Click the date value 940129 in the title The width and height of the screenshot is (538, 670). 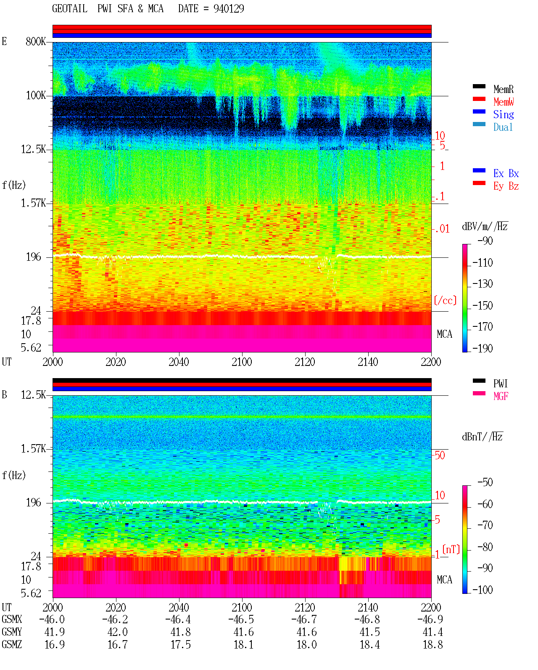click(229, 8)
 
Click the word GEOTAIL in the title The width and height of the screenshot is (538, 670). click(70, 8)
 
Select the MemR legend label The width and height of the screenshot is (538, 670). click(503, 89)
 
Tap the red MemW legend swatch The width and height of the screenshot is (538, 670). click(479, 99)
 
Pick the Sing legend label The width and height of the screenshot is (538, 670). click(503, 114)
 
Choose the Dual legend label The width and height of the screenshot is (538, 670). click(503, 127)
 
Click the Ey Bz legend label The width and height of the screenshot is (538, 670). click(506, 186)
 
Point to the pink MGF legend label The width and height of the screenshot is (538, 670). click(501, 396)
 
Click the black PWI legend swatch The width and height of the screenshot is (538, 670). click(479, 381)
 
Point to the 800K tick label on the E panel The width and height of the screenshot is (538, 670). click(36, 41)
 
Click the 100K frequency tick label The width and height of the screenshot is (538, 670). click(36, 95)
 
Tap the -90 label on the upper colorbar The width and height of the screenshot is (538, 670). click(485, 241)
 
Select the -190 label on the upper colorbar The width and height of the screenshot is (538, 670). click(483, 348)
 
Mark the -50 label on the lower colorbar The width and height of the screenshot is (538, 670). click(485, 482)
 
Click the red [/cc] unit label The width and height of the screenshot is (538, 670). click(445, 300)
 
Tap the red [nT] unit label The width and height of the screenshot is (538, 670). click(451, 549)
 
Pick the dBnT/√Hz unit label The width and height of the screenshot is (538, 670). click(483, 437)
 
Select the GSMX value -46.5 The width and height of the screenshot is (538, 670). click(241, 619)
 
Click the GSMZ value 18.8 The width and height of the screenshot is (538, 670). click(433, 644)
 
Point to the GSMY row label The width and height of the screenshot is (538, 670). click(12, 632)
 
